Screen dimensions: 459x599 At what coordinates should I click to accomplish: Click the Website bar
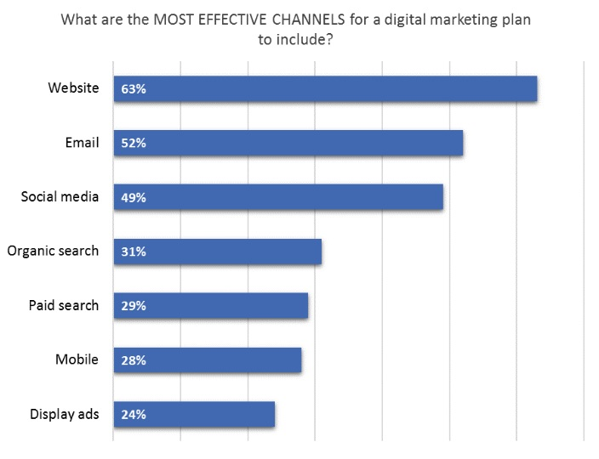click(340, 88)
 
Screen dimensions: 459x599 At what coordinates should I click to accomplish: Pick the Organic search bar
click(230, 252)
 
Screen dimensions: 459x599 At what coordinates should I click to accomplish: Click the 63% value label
click(134, 88)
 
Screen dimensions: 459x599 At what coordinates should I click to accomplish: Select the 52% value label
click(134, 143)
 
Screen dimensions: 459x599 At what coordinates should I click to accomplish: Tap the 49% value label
click(134, 197)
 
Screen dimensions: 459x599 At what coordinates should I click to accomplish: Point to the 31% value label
click(134, 252)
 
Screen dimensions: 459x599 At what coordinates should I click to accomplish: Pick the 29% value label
click(134, 306)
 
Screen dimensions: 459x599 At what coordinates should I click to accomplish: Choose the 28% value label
click(134, 360)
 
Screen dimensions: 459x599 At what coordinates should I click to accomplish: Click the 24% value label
click(134, 415)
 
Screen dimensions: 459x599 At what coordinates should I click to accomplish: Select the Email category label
click(82, 142)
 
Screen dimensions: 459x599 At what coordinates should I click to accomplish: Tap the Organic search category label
click(53, 251)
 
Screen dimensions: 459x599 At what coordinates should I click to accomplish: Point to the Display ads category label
click(65, 414)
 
